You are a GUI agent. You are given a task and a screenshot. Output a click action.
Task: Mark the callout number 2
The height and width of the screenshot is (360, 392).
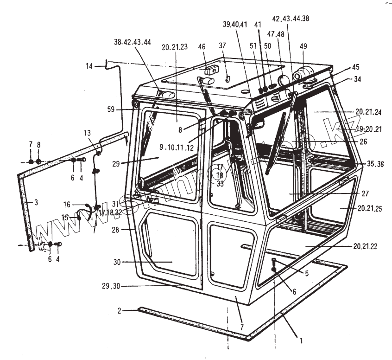[x=119, y=310]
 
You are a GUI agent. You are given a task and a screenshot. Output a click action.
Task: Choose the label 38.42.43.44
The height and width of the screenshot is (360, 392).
[x=132, y=42]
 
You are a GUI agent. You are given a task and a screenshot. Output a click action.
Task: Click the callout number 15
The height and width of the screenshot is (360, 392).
[x=65, y=217]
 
